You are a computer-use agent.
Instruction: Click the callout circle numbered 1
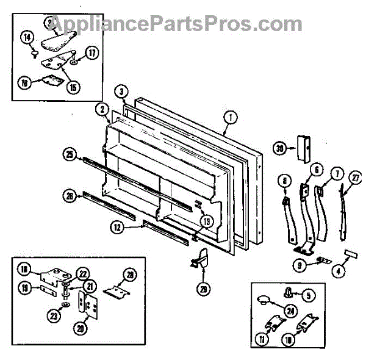coord(230,118)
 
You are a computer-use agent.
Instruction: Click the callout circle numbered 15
coord(74,87)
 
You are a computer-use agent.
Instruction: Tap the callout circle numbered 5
coord(309,295)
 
